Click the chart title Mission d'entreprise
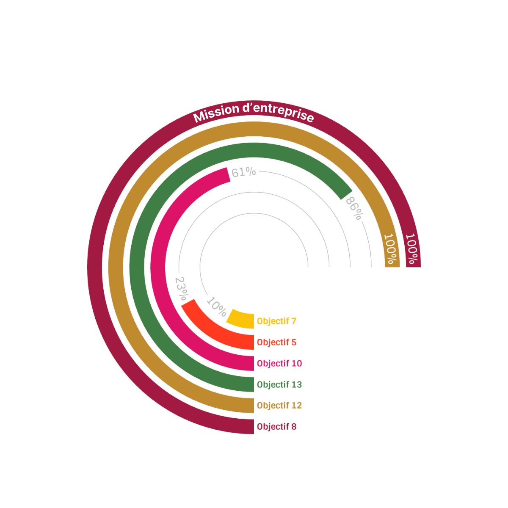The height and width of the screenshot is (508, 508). click(x=254, y=112)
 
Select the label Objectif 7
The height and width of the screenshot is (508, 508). click(x=276, y=321)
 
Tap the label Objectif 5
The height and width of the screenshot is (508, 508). click(x=276, y=342)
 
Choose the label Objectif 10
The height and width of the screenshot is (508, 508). click(x=279, y=364)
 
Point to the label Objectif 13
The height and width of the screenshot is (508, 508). click(x=279, y=385)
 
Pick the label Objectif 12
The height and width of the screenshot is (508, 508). click(x=279, y=406)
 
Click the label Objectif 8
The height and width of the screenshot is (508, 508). click(x=276, y=427)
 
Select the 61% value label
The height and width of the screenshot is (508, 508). click(x=244, y=172)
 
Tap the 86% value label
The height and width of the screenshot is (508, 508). click(x=354, y=208)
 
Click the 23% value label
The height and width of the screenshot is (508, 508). click(x=181, y=288)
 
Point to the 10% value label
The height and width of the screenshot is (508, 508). click(x=216, y=307)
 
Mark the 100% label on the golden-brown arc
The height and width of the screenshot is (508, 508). click(x=392, y=250)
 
